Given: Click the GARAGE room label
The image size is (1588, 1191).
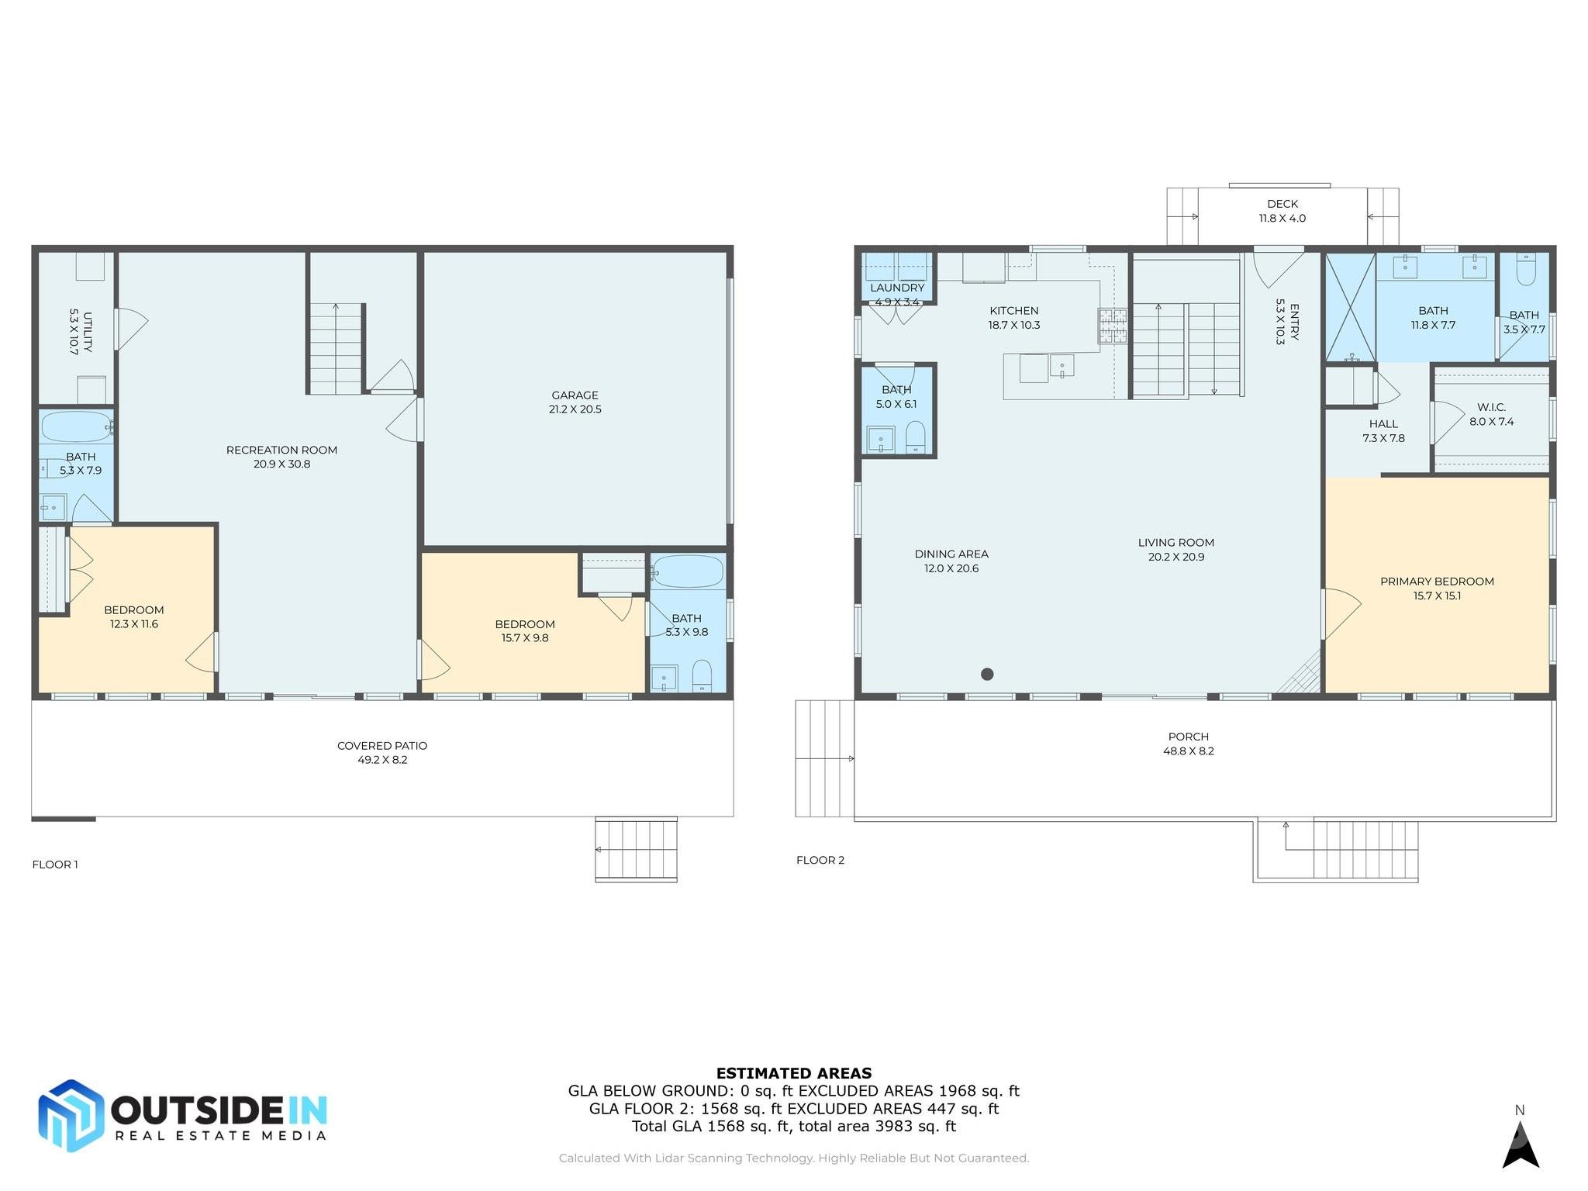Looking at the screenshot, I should (x=575, y=395).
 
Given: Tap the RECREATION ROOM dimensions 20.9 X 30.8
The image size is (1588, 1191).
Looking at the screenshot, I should (x=281, y=464).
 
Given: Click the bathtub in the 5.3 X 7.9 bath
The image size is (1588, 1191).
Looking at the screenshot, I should (x=76, y=426).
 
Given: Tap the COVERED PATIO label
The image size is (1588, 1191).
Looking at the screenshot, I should (x=381, y=745).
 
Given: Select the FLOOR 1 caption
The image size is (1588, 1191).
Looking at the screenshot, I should (x=55, y=865).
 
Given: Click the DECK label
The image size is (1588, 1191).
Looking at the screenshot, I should (x=1282, y=204).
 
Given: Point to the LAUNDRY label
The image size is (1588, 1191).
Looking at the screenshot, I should (x=896, y=288).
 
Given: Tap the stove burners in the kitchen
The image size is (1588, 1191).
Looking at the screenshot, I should (x=1112, y=326).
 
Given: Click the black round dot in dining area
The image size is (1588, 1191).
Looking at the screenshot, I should (x=987, y=674).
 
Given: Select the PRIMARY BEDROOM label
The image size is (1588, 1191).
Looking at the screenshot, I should (x=1436, y=582).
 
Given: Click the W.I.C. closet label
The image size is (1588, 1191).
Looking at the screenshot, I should (x=1491, y=407).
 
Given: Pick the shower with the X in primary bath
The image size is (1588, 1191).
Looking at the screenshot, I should (x=1350, y=307).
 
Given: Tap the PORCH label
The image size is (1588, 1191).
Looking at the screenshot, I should (x=1188, y=737).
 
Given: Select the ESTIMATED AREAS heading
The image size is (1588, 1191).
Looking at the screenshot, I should (x=793, y=1073).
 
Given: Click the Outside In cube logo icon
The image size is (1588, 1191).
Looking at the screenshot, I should (x=71, y=1115).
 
